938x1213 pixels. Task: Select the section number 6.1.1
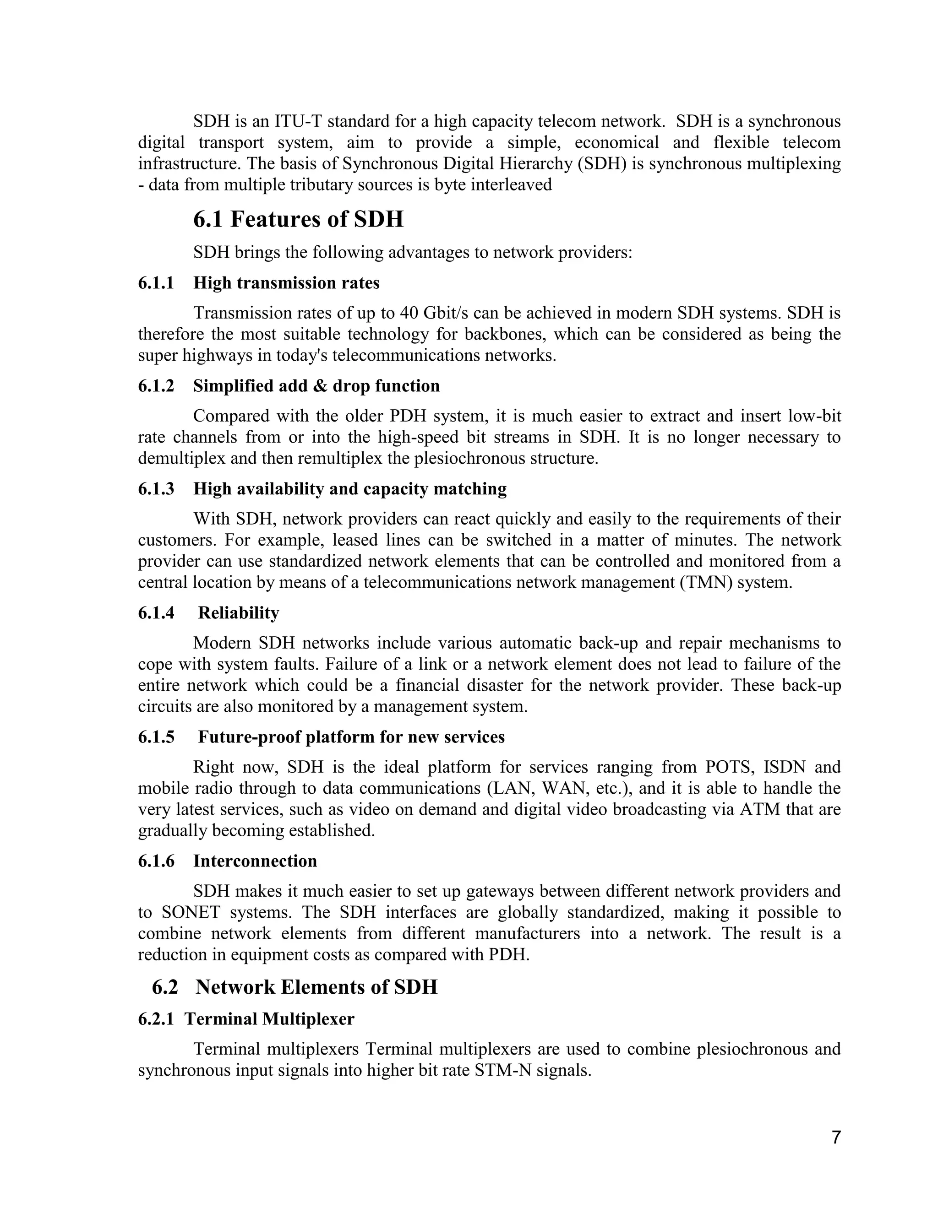[x=156, y=283]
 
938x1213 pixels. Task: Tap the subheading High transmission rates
[x=286, y=283]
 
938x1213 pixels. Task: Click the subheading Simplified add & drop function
[x=316, y=386]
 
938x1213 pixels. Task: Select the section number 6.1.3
[x=156, y=489]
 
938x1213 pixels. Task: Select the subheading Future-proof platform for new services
[x=351, y=737]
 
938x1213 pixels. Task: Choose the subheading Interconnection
[x=255, y=861]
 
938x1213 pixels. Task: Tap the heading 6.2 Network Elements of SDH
[x=294, y=987]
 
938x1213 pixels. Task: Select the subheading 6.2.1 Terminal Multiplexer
[x=246, y=1019]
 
